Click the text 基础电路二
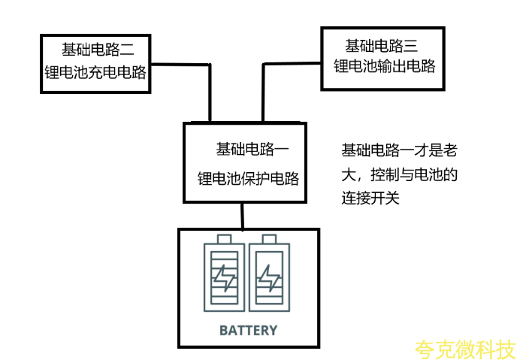[98, 50]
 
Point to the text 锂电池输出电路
[385, 65]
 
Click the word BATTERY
[248, 330]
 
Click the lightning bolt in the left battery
[224, 279]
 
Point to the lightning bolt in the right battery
[268, 279]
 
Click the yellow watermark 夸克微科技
[466, 349]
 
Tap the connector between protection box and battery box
[242, 216]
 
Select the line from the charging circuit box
[207, 90]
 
